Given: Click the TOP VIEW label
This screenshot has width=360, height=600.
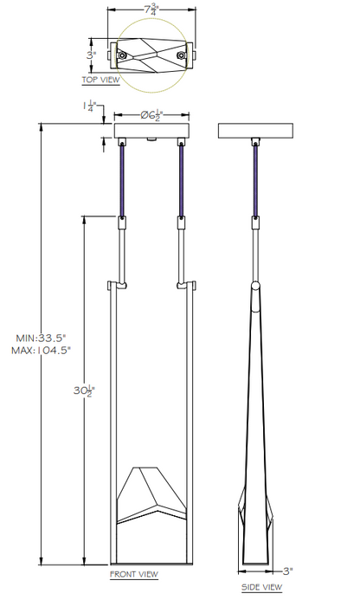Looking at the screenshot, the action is click(100, 80).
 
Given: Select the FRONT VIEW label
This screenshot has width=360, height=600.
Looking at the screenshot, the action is click(134, 574).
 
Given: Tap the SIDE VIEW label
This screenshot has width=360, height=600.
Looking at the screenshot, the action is click(261, 587).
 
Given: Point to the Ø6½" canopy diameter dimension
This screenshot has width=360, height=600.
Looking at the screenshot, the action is click(152, 115).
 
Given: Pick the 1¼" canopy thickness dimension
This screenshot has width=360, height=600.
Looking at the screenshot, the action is click(89, 106).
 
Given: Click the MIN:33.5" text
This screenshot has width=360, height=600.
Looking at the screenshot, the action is click(42, 338).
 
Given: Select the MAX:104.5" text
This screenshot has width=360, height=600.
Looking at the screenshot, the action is click(41, 350).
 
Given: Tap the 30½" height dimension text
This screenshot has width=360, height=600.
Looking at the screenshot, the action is click(84, 391).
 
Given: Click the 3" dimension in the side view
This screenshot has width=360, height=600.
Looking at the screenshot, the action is click(287, 571).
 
